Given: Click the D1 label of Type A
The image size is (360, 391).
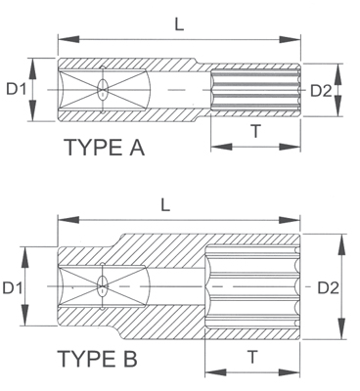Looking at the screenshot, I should [16, 90].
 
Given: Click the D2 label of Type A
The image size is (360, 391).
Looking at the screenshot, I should [322, 91].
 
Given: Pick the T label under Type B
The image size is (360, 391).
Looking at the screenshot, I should [251, 357].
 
